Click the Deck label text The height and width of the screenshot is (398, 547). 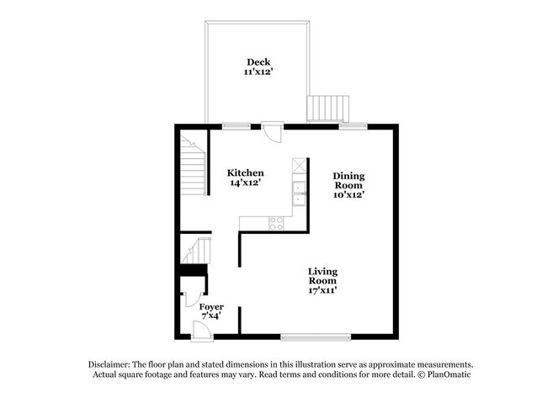pos(258,61)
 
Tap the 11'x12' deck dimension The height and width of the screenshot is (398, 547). pos(258,72)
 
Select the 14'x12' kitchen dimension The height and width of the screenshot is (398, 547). pos(246,183)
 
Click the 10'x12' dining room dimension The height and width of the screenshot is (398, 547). pos(348,195)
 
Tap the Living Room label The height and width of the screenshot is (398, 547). pos(322,277)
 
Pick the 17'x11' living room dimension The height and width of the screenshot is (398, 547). pos(322,291)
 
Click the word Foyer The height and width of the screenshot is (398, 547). pos(211,307)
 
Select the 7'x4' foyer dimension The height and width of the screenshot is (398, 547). pos(211,318)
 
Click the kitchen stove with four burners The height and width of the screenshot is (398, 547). pos(275,222)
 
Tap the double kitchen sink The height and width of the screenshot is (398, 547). pos(299,193)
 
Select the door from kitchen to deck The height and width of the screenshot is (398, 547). pos(272,131)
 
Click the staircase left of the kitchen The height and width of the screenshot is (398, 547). pos(194,168)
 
